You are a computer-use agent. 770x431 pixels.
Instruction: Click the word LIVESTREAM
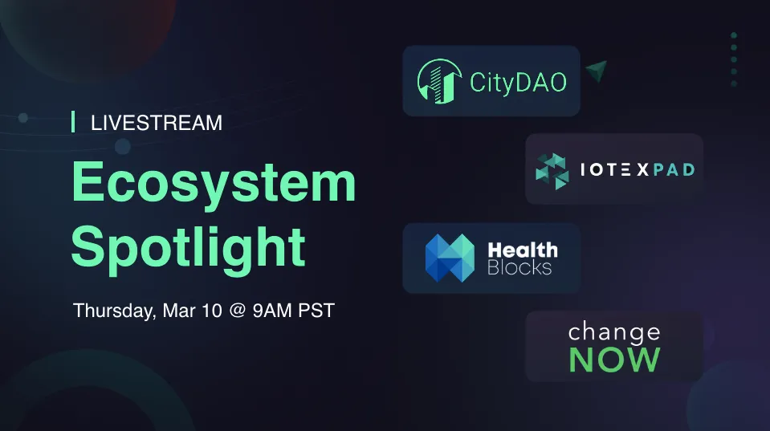pos(156,123)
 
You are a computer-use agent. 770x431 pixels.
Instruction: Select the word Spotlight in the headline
pos(189,248)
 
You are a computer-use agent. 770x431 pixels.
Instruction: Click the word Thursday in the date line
pos(115,311)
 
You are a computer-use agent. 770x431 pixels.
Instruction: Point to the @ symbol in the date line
pos(238,311)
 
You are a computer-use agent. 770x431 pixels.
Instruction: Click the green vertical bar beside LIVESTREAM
pos(73,122)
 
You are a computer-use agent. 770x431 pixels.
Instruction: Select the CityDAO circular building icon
pos(439,82)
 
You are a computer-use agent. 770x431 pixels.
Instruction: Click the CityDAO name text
pos(518,83)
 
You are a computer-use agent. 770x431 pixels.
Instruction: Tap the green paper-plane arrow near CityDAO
pos(597,71)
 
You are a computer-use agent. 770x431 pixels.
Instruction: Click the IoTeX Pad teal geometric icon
pos(552,171)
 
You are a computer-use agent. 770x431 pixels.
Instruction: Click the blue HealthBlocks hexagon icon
pos(450,258)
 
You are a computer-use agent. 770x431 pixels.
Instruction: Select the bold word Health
pos(523,250)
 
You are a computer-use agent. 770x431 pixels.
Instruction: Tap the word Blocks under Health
pos(519,267)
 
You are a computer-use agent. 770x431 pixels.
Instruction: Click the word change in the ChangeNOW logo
pos(614,332)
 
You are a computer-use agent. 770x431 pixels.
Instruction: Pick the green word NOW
pos(614,360)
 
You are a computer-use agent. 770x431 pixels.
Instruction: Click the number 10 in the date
pos(212,311)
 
